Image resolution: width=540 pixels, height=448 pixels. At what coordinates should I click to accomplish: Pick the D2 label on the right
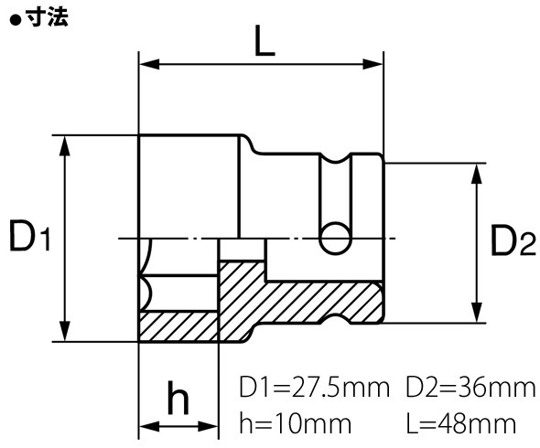tap(511, 242)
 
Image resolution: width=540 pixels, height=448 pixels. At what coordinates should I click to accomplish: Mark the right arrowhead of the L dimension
tap(374, 65)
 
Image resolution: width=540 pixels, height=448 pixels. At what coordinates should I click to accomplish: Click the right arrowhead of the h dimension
tap(211, 427)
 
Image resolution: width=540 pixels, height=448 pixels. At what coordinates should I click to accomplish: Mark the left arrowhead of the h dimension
tap(146, 427)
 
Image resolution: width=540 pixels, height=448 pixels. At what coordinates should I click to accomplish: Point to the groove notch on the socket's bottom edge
tap(335, 322)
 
